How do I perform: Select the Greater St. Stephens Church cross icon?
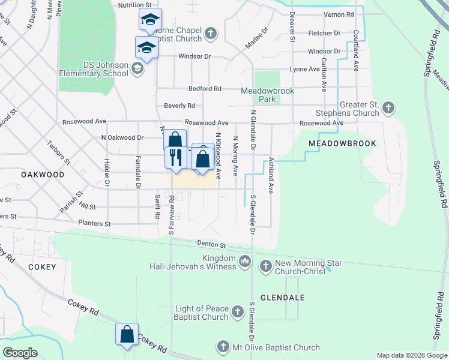click(x=388, y=108)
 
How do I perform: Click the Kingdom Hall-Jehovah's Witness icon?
click(x=245, y=261)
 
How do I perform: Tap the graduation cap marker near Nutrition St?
click(x=149, y=19)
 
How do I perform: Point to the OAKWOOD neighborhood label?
click(x=42, y=174)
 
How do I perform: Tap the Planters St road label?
click(x=95, y=223)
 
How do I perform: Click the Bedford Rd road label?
click(x=205, y=88)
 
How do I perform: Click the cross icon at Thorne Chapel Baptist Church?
click(x=210, y=33)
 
